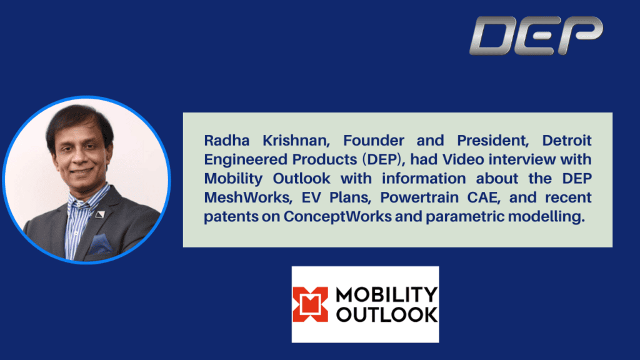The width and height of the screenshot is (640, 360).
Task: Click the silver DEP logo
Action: [x=536, y=36]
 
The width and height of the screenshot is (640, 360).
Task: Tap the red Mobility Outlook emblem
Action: [x=310, y=304]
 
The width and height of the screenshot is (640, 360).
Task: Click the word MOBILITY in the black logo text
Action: [x=386, y=294]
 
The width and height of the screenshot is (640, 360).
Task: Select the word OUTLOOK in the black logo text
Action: [x=386, y=315]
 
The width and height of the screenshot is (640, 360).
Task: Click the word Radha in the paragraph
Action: [x=226, y=141]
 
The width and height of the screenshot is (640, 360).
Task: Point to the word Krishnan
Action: [x=296, y=141]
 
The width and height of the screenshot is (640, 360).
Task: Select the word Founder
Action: [x=374, y=141]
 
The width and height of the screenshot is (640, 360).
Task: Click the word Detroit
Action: [x=566, y=141]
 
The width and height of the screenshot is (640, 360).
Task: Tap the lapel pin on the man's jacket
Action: [x=101, y=214]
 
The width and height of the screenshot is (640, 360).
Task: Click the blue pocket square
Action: [x=101, y=244]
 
